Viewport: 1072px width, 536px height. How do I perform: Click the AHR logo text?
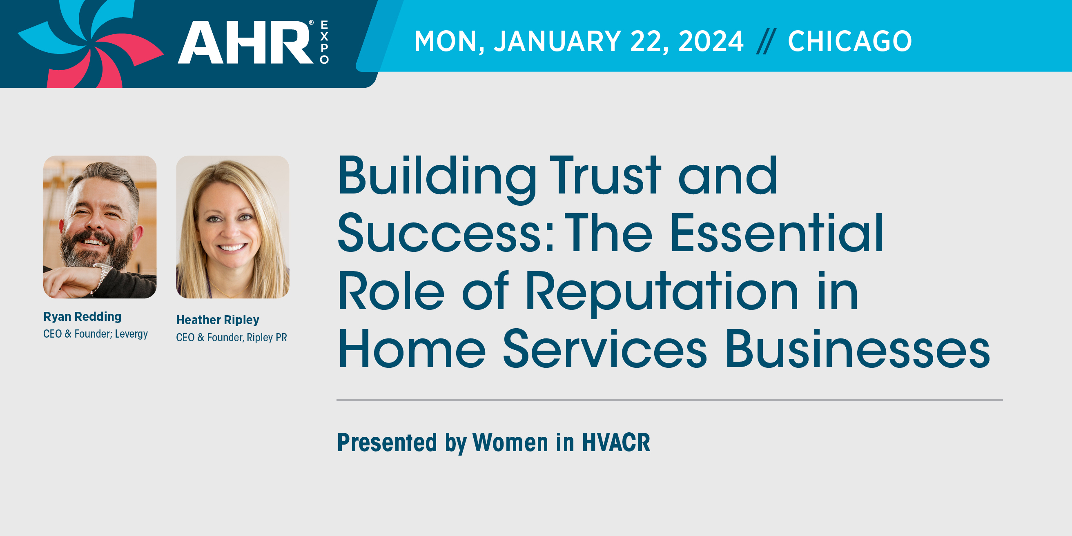(245, 42)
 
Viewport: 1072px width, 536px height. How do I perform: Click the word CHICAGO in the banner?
(850, 41)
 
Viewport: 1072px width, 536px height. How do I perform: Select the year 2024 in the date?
(711, 41)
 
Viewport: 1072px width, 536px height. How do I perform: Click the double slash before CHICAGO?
(766, 41)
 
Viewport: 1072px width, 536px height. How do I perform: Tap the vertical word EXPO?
(324, 42)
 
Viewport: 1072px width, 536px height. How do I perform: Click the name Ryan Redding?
(82, 317)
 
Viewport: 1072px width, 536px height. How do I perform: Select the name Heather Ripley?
(218, 320)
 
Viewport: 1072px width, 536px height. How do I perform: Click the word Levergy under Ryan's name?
(131, 334)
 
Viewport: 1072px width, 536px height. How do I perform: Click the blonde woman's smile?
(232, 248)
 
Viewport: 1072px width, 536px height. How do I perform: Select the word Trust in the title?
(605, 175)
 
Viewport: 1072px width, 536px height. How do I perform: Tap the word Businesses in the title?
(858, 349)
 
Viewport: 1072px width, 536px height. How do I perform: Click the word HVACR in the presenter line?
(616, 443)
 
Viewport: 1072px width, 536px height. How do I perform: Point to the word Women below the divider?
(510, 443)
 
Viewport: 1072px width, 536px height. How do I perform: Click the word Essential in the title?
(777, 233)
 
